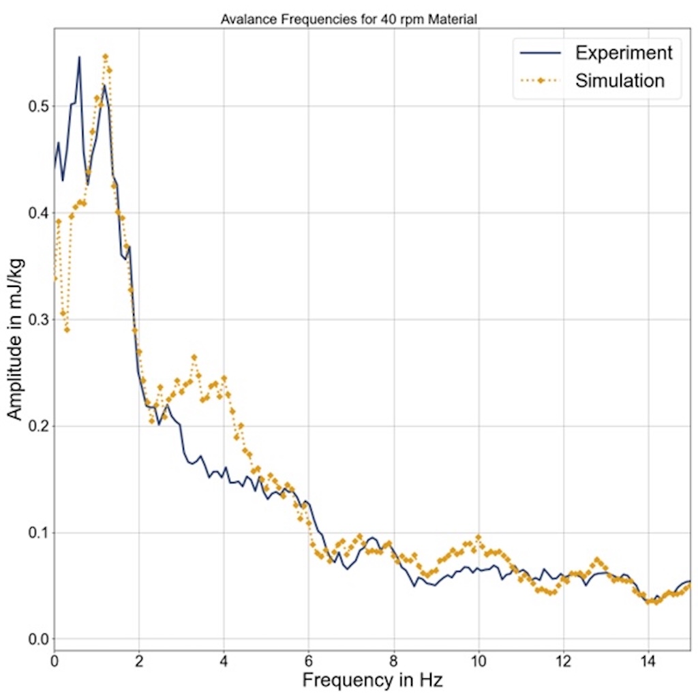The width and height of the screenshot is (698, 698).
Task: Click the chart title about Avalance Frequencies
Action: click(x=348, y=20)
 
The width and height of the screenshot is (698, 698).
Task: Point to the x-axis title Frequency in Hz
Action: click(x=372, y=680)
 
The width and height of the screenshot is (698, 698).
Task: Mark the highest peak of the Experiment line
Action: click(x=79, y=57)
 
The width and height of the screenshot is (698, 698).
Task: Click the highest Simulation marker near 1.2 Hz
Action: click(x=105, y=57)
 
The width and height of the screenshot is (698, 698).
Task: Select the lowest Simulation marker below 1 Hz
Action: click(x=67, y=330)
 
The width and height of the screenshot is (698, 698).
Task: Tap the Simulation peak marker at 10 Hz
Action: click(x=479, y=537)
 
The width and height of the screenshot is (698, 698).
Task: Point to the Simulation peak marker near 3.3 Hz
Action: click(x=194, y=357)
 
